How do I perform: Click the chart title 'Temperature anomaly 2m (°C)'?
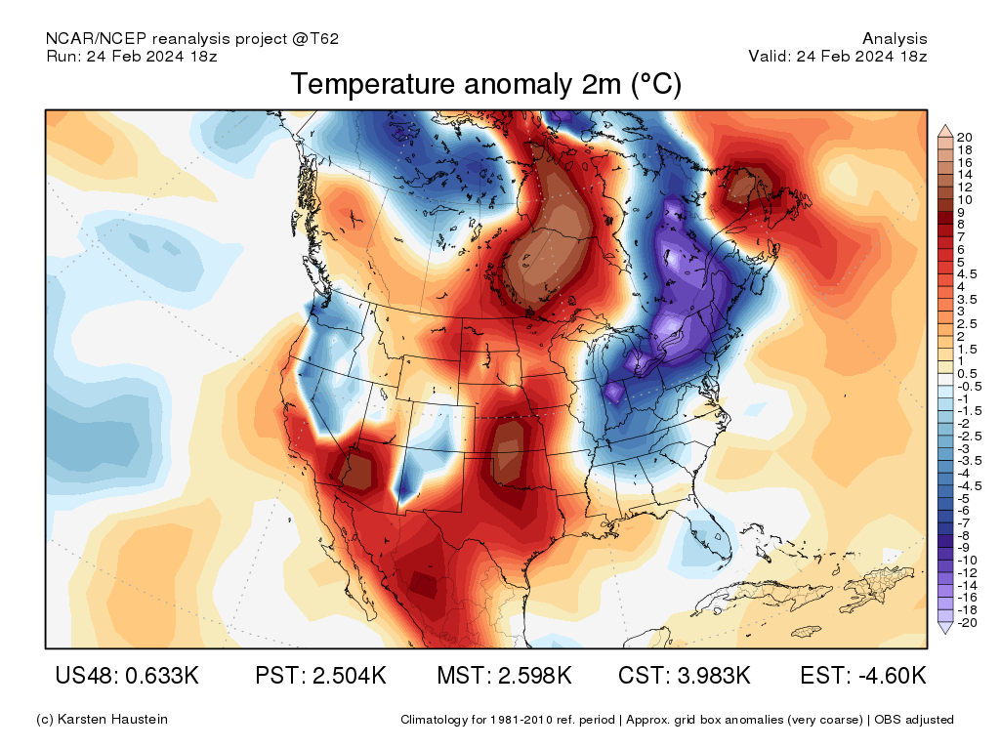(x=485, y=85)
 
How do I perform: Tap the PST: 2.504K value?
(x=320, y=676)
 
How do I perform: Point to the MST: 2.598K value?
(x=504, y=676)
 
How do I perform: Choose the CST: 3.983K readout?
(x=685, y=676)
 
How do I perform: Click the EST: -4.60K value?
(x=863, y=676)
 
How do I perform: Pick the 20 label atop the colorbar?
(x=965, y=137)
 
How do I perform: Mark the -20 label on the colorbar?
(x=966, y=623)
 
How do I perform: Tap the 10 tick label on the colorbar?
(x=965, y=199)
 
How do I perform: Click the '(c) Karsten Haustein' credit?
(x=102, y=720)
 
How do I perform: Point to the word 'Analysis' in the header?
(x=895, y=39)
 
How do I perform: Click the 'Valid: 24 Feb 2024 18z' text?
(x=838, y=57)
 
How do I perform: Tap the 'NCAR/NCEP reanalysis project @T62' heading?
(x=192, y=39)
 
